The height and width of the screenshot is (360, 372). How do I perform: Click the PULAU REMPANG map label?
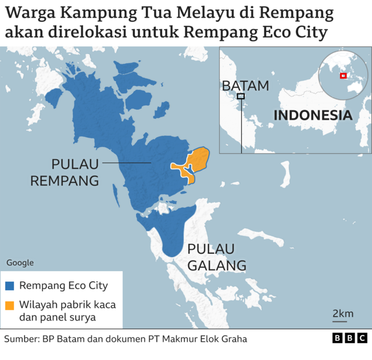pos(64,172)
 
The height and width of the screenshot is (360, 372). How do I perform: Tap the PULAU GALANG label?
pos(216,257)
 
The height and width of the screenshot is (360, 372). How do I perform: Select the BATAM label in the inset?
pos(245,85)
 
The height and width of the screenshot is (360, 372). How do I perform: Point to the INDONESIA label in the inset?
pos(313,115)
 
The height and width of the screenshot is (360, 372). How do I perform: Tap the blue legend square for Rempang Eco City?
pos(10,286)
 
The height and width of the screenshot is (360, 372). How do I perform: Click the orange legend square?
pos(10,305)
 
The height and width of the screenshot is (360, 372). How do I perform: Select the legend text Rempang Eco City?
pos(63,286)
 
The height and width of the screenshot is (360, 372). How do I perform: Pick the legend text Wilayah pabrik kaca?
pos(67,305)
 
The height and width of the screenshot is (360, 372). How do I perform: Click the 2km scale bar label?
pos(343,314)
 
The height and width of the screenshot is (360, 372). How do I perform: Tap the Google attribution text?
pos(20,262)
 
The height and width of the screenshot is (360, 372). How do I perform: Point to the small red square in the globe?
pos(343,75)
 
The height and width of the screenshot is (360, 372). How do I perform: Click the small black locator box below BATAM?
pos(241,96)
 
